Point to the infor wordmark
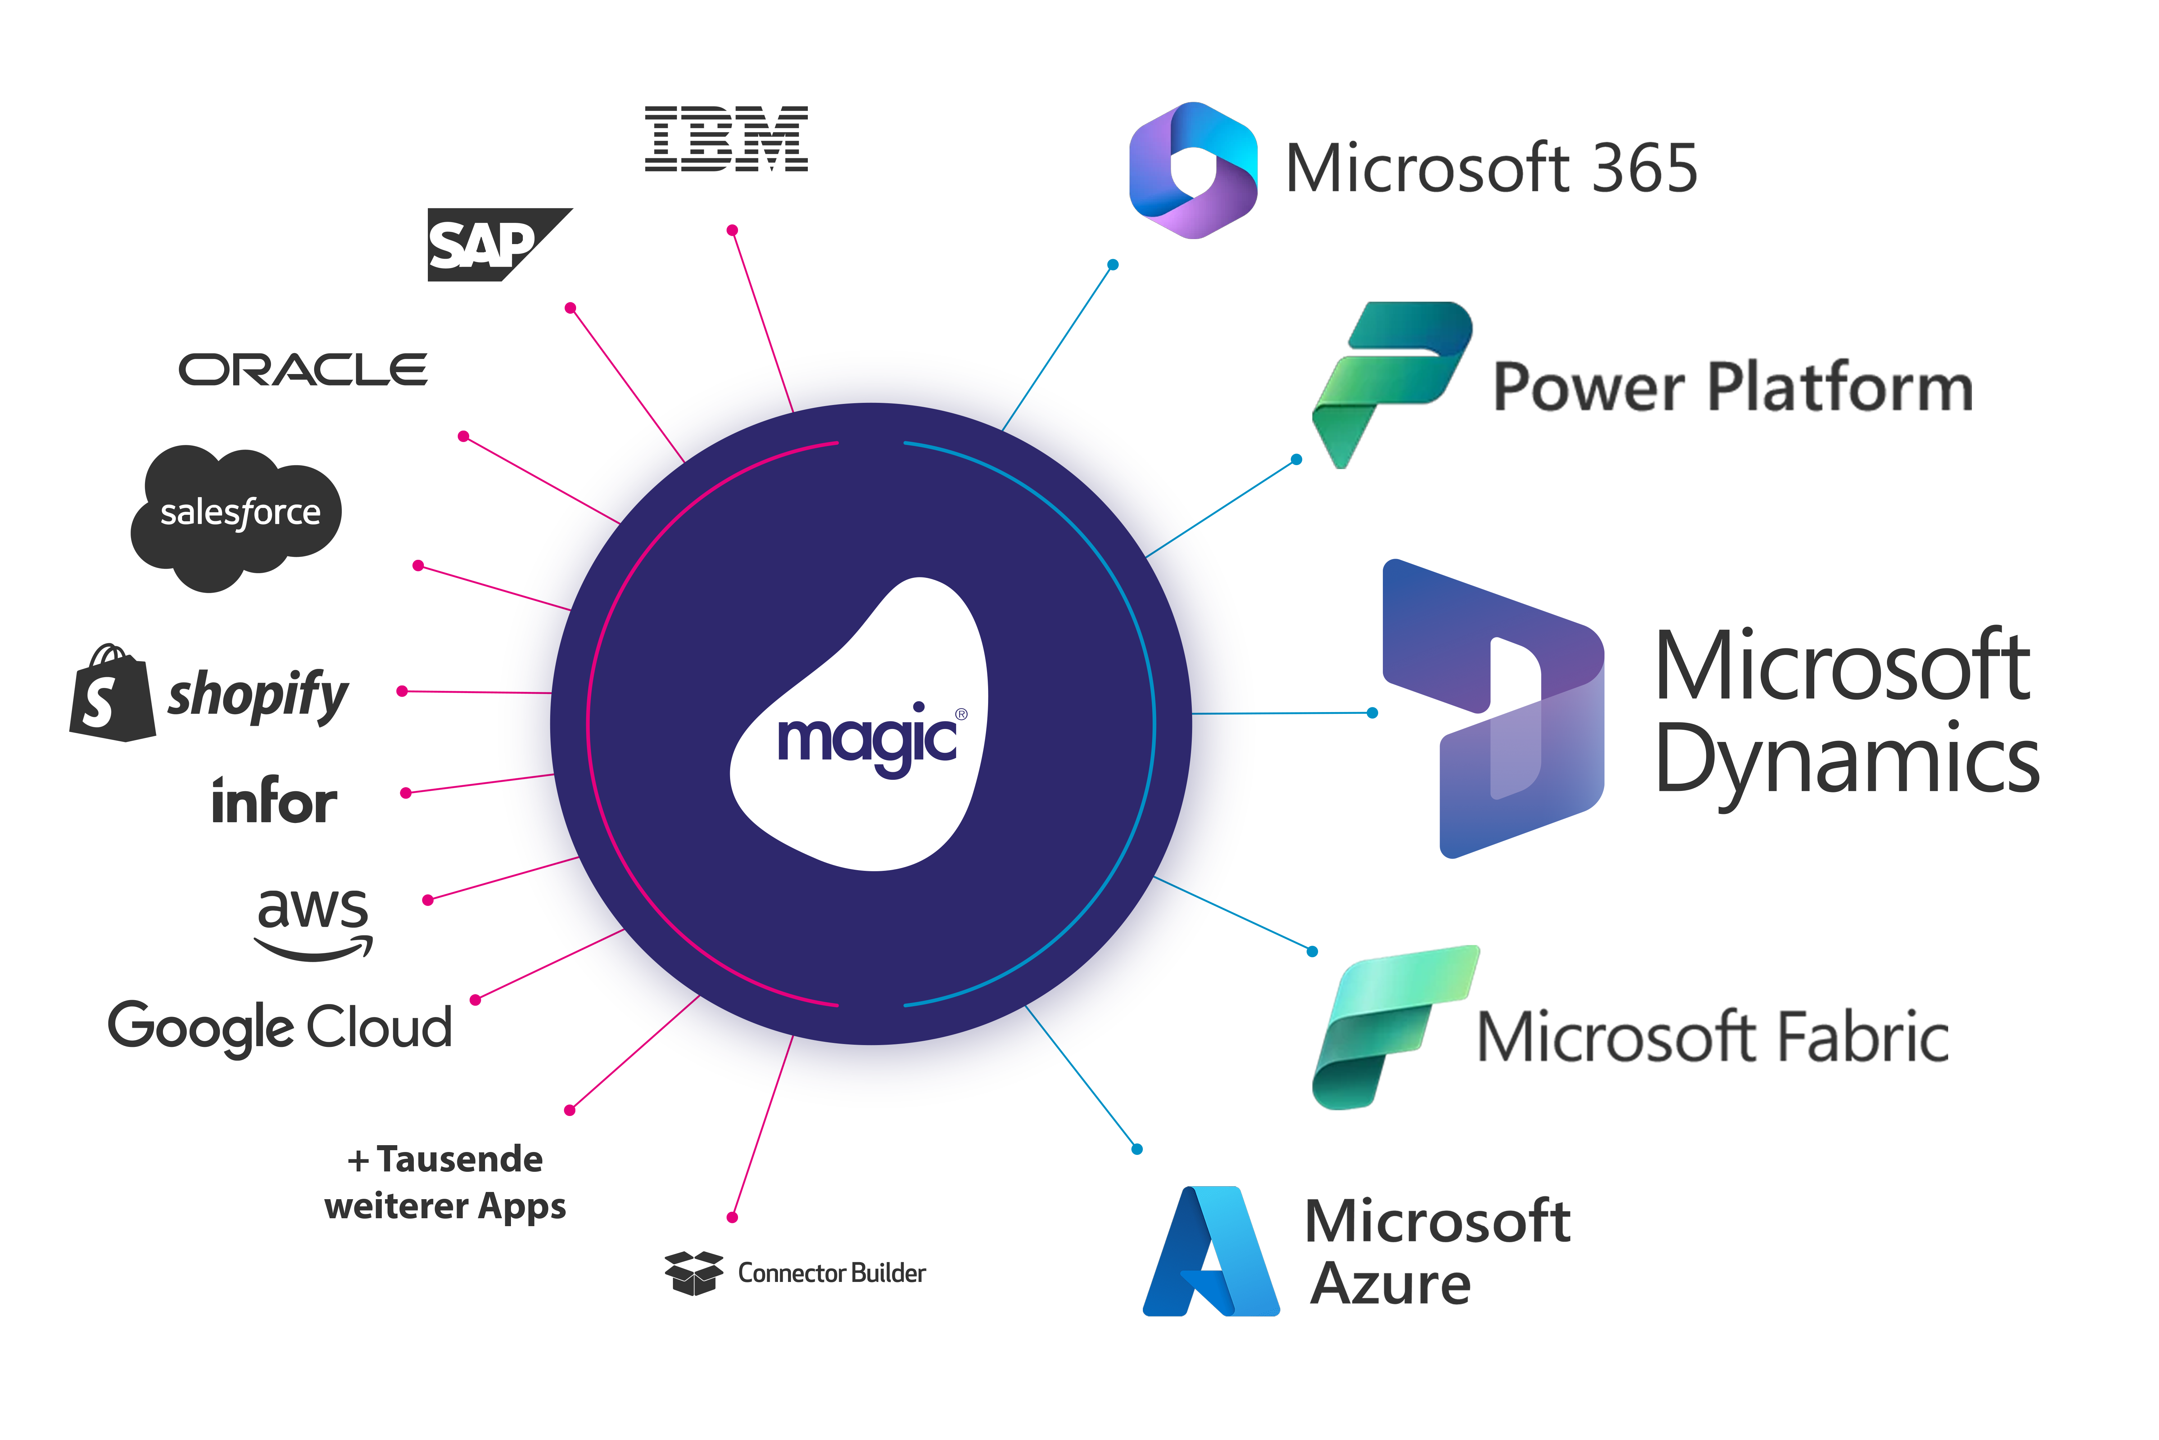click(x=273, y=801)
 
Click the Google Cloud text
click(x=280, y=1026)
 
